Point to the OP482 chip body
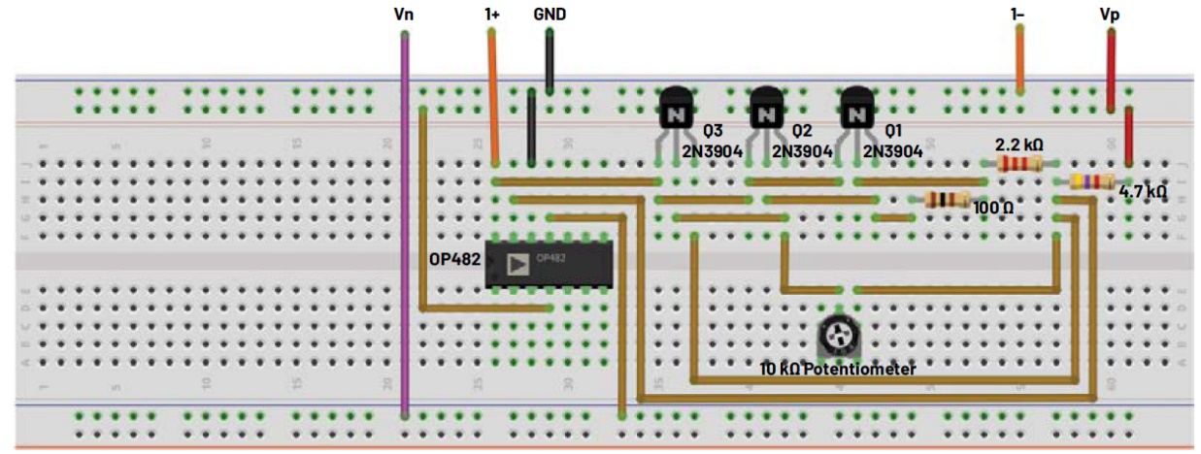coord(549,264)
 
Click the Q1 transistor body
coord(856,109)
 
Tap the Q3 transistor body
coord(676,109)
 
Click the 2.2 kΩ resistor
coord(1019,164)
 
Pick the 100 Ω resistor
coord(947,200)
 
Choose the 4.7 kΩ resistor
coord(1090,181)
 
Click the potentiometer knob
coord(836,336)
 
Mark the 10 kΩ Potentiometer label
coord(838,370)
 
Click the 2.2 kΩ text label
coord(1019,144)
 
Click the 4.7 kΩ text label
coord(1143,192)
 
